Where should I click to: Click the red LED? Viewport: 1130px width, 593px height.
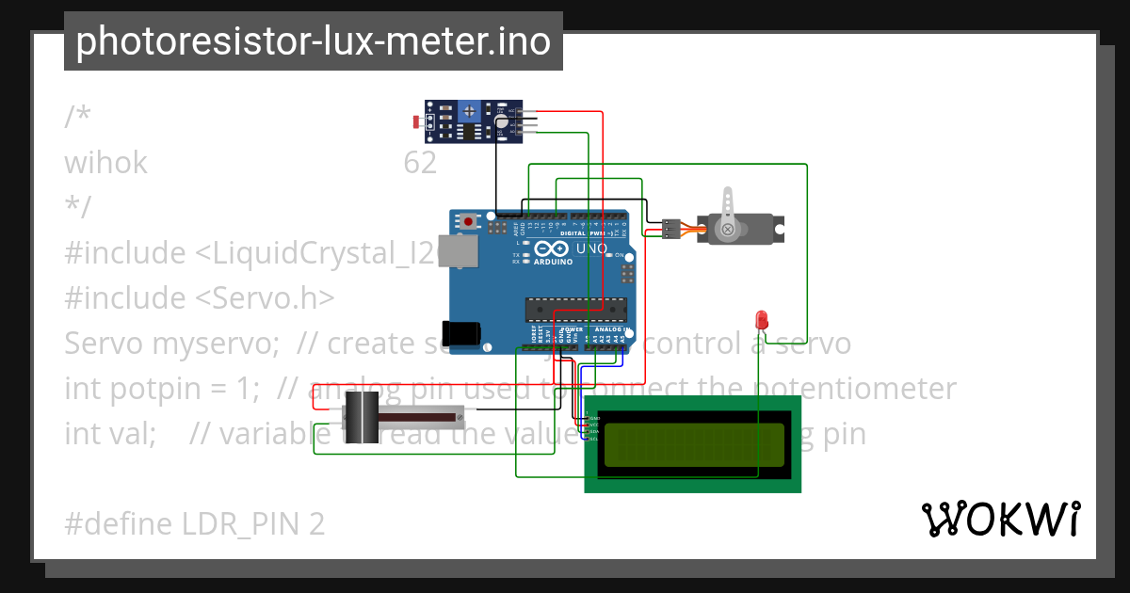tap(762, 319)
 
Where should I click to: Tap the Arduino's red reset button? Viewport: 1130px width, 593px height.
tap(468, 222)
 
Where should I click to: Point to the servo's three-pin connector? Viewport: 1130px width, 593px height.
tap(670, 229)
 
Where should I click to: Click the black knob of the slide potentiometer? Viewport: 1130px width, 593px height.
tap(361, 417)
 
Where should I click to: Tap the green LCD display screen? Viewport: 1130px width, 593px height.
tap(693, 444)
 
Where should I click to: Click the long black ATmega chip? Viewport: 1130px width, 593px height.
tap(575, 309)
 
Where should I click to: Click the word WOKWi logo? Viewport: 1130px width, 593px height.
tap(1000, 519)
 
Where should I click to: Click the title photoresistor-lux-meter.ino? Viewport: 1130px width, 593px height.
tap(314, 41)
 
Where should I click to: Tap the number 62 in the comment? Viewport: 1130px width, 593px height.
tap(420, 163)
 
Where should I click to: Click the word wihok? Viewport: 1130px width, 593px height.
tap(105, 163)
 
